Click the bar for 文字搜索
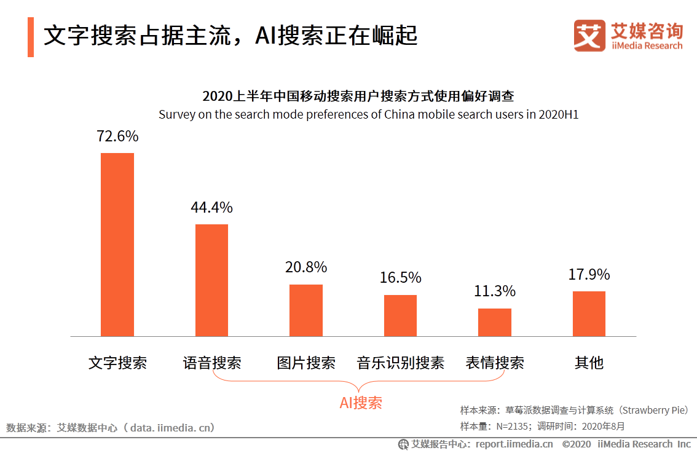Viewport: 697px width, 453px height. [117, 245]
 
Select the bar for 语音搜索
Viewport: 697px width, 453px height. [211, 280]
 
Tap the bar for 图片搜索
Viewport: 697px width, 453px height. [305, 310]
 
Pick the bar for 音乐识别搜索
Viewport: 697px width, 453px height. [400, 315]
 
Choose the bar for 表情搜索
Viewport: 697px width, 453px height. [494, 322]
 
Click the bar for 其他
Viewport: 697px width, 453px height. [589, 313]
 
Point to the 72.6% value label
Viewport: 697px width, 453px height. [117, 136]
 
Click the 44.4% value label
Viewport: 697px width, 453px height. [211, 207]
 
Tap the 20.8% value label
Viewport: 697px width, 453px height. [305, 267]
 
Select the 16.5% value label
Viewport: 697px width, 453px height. [400, 278]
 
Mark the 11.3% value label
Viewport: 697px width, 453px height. [494, 291]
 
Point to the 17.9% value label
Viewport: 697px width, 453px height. [589, 274]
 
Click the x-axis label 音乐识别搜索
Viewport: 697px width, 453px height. [400, 363]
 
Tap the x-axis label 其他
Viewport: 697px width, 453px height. [589, 363]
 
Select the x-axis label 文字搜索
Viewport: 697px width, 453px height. [117, 363]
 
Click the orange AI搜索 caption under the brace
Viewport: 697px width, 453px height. [361, 403]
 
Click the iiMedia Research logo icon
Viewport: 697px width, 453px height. [590, 36]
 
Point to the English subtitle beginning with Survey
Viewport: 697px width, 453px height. [369, 114]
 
